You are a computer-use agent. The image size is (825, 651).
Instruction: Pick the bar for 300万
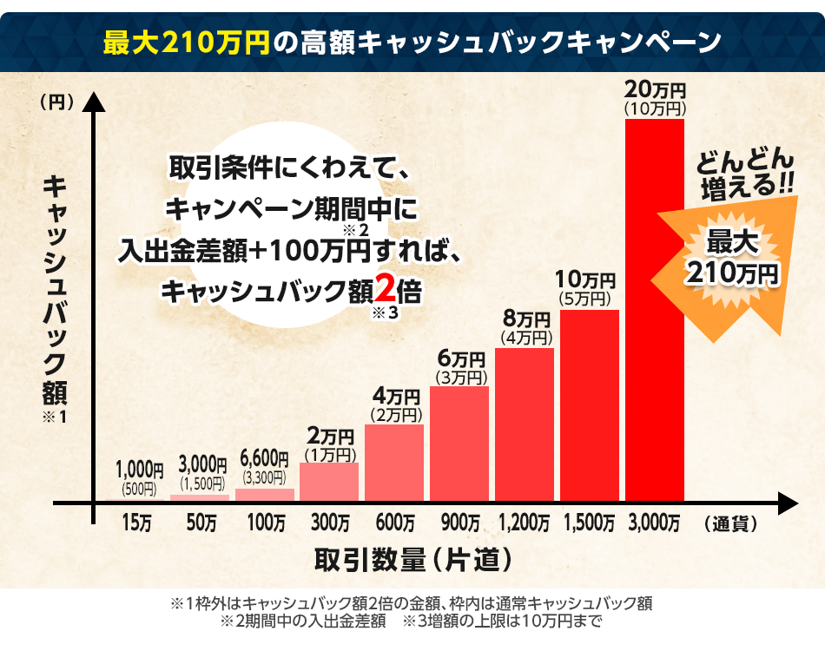pos(329,482)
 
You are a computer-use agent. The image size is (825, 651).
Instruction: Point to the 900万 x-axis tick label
pos(459,523)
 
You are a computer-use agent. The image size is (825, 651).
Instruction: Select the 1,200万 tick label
pos(524,523)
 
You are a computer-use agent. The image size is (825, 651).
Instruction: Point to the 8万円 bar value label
pos(525,319)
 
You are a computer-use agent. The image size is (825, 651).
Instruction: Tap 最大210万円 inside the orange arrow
pos(731,258)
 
